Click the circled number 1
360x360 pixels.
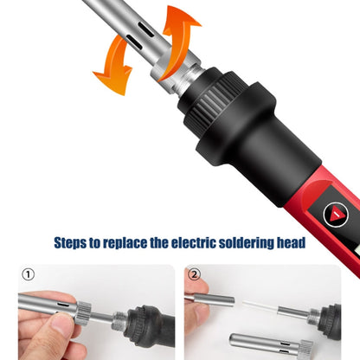[x=28, y=276]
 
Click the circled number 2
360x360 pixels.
[x=195, y=276]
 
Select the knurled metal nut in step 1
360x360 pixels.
[x=81, y=307]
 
